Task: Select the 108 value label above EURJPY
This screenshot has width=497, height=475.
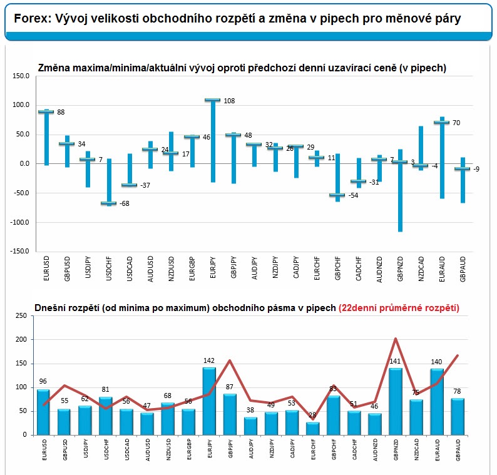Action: pos(229,101)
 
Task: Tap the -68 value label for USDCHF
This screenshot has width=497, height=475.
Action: pos(124,203)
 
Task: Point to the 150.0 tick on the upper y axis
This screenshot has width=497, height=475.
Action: pos(21,76)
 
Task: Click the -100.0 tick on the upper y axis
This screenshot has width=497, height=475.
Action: pos(19,222)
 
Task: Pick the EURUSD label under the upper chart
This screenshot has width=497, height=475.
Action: pos(46,268)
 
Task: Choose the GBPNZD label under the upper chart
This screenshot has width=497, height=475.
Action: pos(400,268)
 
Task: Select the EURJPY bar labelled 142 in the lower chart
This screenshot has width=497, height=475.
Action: pos(209,401)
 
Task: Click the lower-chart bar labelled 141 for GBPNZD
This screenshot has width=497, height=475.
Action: pos(395,402)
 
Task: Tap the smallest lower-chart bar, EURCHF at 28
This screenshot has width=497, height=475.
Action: pos(312,429)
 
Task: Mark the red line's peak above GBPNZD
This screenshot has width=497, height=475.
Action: pos(395,339)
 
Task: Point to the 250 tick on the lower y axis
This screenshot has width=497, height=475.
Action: pos(21,315)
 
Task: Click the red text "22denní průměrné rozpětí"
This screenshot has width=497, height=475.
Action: pos(399,308)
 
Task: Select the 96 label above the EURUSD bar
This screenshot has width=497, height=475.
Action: pos(43,381)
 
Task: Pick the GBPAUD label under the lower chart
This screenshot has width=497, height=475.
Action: pos(458,449)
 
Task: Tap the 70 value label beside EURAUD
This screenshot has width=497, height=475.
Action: pos(456,123)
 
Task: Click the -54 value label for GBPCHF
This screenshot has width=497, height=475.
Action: pos(353,195)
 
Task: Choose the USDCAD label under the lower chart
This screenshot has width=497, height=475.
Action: pos(127,449)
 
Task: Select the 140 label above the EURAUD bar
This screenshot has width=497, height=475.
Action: pos(436,362)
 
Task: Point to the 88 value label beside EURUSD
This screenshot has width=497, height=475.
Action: pos(61,112)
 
